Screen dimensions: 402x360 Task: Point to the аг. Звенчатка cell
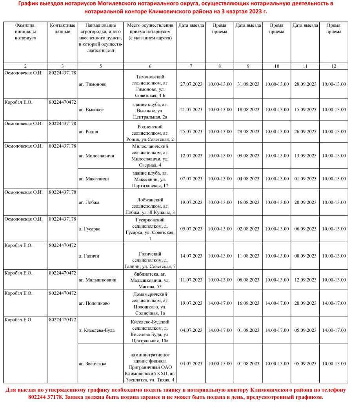point(93,364)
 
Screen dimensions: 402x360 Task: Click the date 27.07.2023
point(191,84)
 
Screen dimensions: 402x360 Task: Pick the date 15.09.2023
point(305,110)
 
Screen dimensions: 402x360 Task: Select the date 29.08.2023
point(248,132)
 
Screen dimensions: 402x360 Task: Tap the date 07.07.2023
point(191,179)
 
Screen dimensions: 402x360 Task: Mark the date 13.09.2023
point(305,156)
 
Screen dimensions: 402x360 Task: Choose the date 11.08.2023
point(248,256)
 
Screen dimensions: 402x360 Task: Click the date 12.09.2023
point(305,280)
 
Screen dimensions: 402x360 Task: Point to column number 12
point(334,66)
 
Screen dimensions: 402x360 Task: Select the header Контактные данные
point(63,28)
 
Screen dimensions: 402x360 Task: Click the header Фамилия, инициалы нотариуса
point(25,31)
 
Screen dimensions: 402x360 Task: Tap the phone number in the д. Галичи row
point(63,245)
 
